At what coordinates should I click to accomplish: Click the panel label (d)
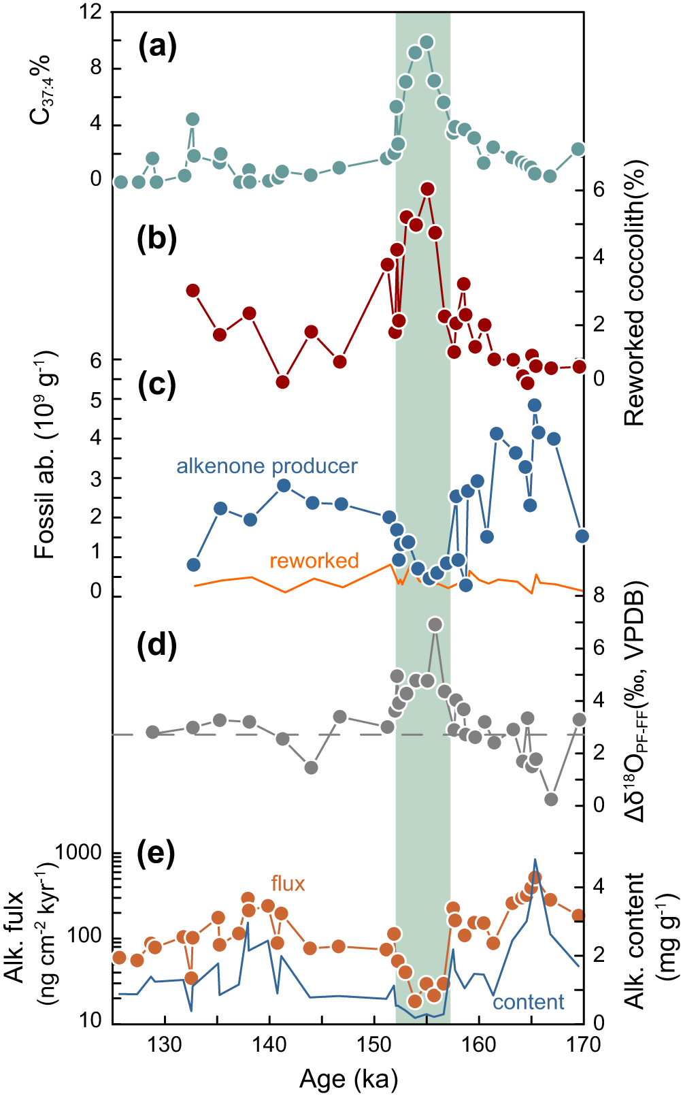pos(157,645)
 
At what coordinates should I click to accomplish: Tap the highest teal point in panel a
pos(427,42)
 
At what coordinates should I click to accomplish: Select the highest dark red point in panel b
pos(427,189)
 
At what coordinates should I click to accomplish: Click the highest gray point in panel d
pos(435,624)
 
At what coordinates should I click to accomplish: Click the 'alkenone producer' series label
pos(267,466)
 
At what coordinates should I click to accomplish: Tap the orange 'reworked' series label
pos(314,561)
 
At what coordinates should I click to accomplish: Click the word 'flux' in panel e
pos(288,884)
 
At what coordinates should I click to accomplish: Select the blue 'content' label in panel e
pos(529,1002)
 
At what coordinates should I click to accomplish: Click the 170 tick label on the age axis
pos(582,1044)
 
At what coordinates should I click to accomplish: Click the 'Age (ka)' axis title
pos(348,1078)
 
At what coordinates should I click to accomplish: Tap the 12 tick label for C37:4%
pos(90,12)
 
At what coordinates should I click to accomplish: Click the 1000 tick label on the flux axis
pos(78,852)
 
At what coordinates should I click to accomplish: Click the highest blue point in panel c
pos(535,405)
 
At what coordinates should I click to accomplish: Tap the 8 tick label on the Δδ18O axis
pos(599,595)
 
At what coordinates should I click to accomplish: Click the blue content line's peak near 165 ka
pos(535,859)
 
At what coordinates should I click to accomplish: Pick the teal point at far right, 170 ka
pos(578,149)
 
